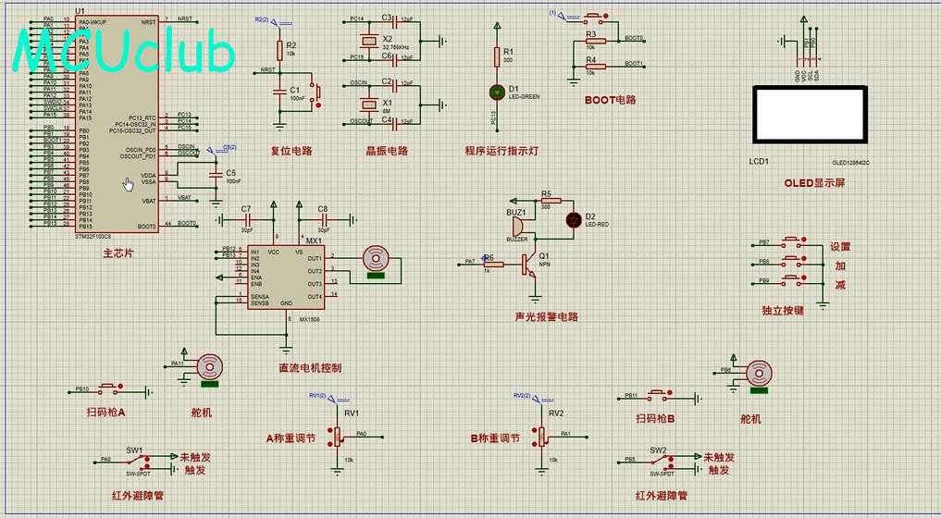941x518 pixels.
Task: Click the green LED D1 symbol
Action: [497, 91]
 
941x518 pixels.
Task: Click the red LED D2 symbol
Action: [574, 219]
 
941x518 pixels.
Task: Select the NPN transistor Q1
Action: [530, 265]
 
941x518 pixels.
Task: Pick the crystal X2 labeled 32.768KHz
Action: [362, 40]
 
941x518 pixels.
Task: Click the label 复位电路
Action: [291, 151]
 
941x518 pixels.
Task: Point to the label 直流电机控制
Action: [310, 368]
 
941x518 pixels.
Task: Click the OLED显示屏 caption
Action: [814, 183]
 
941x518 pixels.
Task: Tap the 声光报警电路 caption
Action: [546, 317]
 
